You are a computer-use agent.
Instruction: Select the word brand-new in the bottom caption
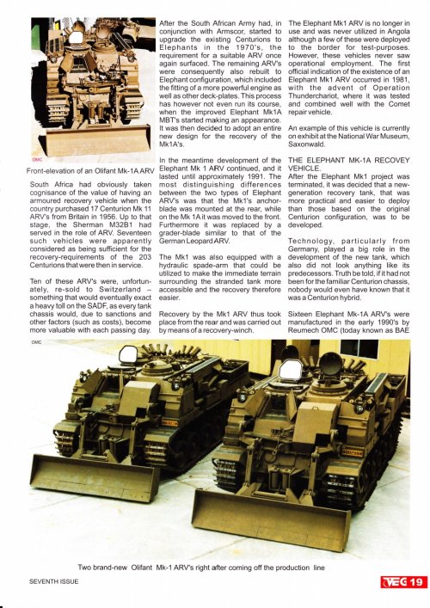pyautogui.click(x=123, y=568)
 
